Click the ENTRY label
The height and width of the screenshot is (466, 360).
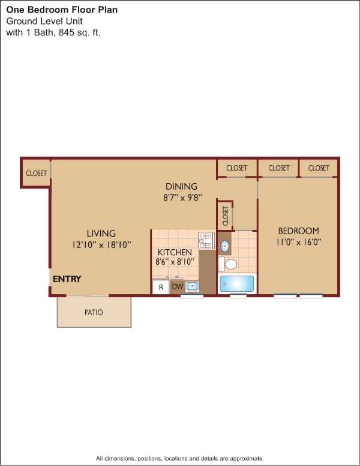pyautogui.click(x=67, y=279)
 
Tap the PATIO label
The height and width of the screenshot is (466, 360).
pyautogui.click(x=94, y=312)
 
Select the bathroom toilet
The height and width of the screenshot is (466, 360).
pyautogui.click(x=228, y=264)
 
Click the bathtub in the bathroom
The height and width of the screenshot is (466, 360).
pyautogui.click(x=238, y=283)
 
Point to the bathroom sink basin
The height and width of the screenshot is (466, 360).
pyautogui.click(x=224, y=246)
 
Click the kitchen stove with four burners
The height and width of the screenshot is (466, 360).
pyautogui.click(x=206, y=240)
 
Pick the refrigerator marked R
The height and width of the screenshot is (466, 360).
pyautogui.click(x=160, y=287)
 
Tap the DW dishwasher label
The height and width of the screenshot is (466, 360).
pyautogui.click(x=178, y=287)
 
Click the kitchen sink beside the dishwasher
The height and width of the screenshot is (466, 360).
pyautogui.click(x=193, y=286)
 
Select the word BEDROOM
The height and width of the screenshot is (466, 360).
pyautogui.click(x=298, y=231)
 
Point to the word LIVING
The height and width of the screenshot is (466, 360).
pyautogui.click(x=101, y=233)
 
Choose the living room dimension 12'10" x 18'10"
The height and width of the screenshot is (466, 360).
pyautogui.click(x=101, y=244)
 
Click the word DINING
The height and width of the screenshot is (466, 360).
pyautogui.click(x=181, y=187)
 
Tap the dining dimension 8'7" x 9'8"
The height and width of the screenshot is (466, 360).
pyautogui.click(x=181, y=197)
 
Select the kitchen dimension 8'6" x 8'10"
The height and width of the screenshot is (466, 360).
pyautogui.click(x=175, y=262)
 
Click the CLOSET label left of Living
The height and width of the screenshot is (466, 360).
pyautogui.click(x=36, y=174)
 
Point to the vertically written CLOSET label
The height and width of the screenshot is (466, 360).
pyautogui.click(x=225, y=216)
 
